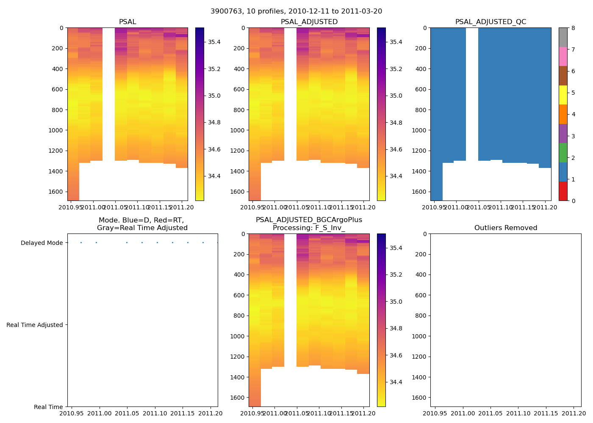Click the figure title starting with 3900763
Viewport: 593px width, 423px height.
coord(296,11)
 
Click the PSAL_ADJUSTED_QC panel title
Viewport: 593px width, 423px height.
coord(490,22)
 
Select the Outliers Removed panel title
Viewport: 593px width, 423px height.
coord(505,228)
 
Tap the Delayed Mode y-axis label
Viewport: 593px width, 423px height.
coord(42,243)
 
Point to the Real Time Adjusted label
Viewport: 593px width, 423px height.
coord(34,325)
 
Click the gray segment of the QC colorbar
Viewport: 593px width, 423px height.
coord(563,37)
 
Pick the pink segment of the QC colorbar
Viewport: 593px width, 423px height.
coord(563,57)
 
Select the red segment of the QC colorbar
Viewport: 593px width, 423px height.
coord(563,191)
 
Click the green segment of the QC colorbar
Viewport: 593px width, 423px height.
coord(563,153)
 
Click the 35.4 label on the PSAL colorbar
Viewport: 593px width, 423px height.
coord(214,42)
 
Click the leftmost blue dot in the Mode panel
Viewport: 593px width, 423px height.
coord(81,243)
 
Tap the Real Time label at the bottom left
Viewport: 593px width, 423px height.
coord(48,407)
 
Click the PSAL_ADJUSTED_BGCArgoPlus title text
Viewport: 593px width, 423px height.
coord(309,220)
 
